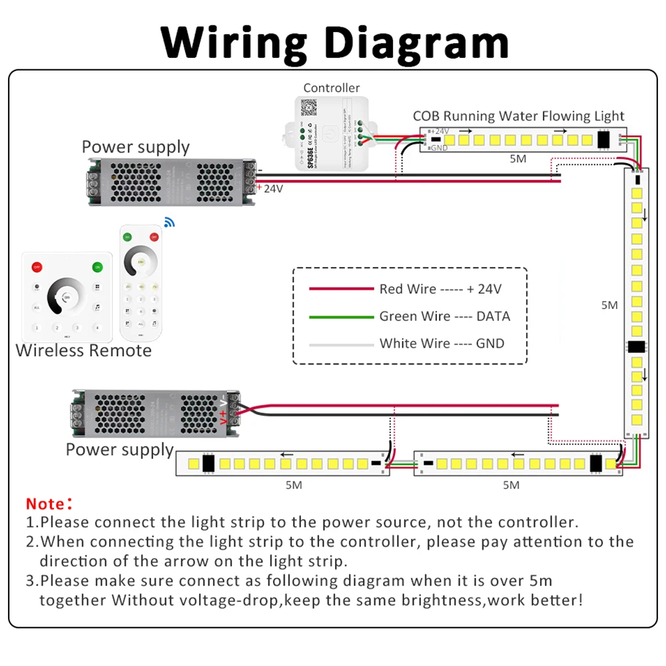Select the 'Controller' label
[331, 88]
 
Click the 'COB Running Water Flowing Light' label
[518, 116]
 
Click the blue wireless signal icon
[169, 222]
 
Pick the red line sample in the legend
[341, 289]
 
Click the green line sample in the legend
[341, 316]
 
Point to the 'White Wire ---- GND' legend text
[442, 344]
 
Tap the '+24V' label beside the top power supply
[272, 188]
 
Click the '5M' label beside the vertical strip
[609, 305]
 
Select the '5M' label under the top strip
[517, 159]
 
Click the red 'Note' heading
[49, 503]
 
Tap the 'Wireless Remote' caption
[84, 350]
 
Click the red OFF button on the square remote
[37, 267]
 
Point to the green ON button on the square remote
[97, 267]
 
